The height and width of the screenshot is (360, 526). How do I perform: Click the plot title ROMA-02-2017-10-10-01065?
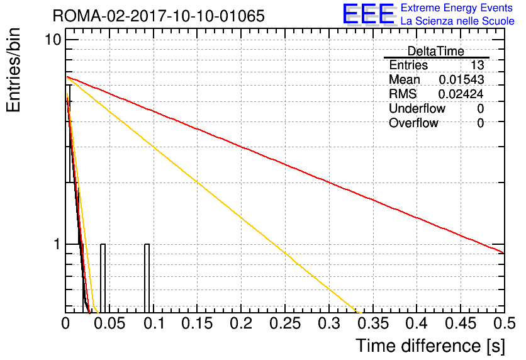(159, 16)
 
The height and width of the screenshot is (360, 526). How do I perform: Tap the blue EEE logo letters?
(369, 14)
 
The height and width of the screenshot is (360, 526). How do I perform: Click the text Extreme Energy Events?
(457, 8)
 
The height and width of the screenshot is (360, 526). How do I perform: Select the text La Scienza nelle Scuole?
(457, 21)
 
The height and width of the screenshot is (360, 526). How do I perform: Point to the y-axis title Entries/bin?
(13, 70)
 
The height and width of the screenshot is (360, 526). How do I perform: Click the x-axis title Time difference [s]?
(430, 346)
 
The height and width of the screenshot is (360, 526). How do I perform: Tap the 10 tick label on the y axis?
(53, 40)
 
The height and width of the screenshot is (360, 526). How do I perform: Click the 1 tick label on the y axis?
(57, 244)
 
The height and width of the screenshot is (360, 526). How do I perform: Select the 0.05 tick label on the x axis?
(109, 323)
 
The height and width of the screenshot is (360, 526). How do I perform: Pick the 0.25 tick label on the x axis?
(285, 323)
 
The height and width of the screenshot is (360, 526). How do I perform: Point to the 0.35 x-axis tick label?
(373, 323)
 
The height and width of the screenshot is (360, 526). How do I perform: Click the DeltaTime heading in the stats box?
(436, 52)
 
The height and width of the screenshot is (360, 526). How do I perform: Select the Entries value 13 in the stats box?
(477, 65)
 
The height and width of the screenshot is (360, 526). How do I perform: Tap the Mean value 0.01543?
(461, 79)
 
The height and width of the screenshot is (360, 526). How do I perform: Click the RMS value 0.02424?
(461, 94)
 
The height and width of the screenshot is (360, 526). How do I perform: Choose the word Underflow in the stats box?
(417, 108)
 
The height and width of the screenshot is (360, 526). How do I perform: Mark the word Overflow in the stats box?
(413, 123)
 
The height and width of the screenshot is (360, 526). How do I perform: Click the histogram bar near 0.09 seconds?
(147, 278)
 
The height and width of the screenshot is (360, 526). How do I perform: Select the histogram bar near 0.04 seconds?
(103, 278)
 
